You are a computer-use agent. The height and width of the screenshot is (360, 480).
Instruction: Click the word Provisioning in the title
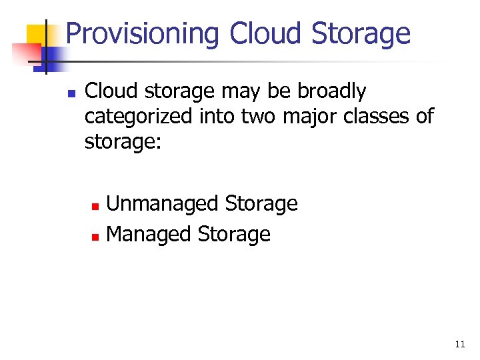click(143, 33)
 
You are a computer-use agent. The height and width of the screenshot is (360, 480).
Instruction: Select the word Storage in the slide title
click(361, 33)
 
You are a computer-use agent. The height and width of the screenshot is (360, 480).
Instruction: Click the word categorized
click(139, 117)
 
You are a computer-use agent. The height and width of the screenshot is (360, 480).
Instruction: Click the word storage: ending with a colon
click(123, 141)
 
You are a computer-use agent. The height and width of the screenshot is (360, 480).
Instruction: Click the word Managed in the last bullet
click(149, 234)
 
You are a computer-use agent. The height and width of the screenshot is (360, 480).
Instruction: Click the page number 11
click(459, 344)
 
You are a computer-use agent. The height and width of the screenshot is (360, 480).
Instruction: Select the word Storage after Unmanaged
click(261, 203)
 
